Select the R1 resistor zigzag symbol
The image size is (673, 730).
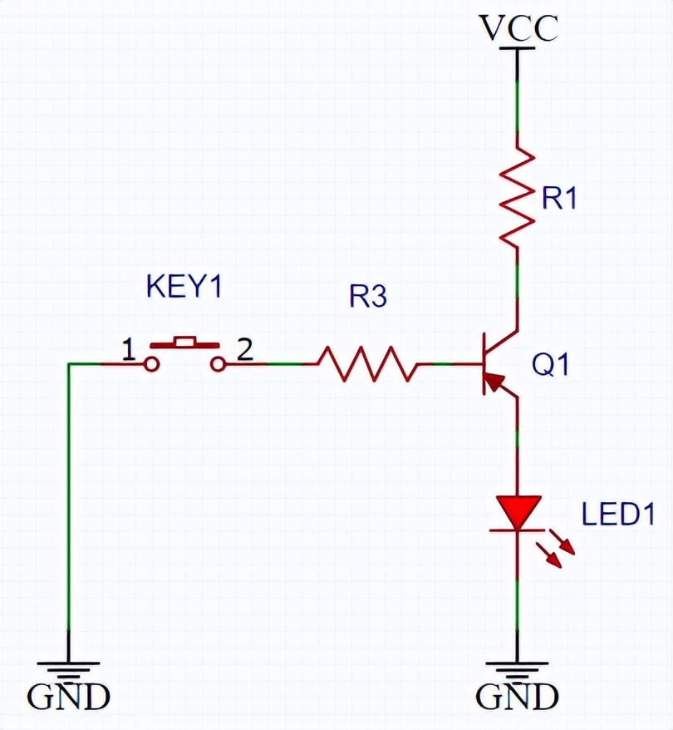[517, 196]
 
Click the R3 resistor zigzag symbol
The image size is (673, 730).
[366, 364]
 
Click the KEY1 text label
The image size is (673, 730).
[184, 287]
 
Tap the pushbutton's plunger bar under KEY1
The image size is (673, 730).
[184, 341]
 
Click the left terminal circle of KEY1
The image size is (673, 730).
[151, 364]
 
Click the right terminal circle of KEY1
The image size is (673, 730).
[218, 364]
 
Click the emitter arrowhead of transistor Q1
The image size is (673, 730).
[494, 382]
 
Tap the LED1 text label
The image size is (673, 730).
[617, 514]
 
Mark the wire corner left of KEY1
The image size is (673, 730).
[68, 364]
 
